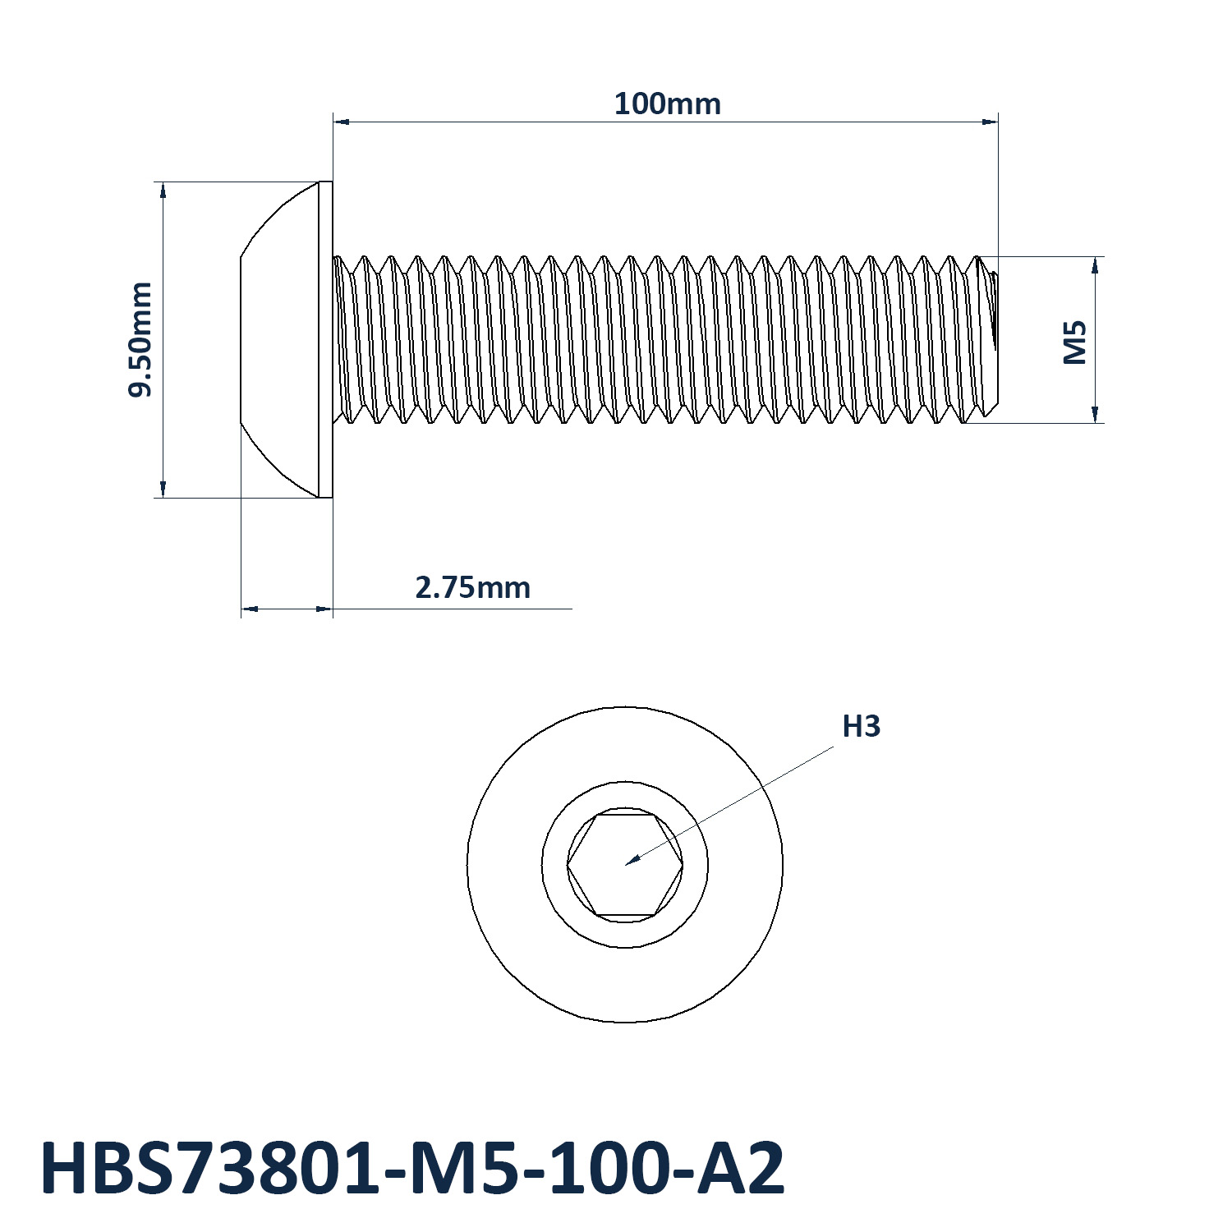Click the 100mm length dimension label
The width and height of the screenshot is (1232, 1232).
(668, 104)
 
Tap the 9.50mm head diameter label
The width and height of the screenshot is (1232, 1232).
(140, 339)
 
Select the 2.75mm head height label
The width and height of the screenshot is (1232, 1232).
(472, 588)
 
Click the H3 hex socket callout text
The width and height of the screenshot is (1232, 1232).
(862, 726)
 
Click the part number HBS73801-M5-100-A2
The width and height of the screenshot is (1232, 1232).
(412, 1168)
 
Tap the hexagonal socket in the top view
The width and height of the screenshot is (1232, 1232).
(625, 865)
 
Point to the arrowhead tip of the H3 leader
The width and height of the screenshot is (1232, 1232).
(626, 865)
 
